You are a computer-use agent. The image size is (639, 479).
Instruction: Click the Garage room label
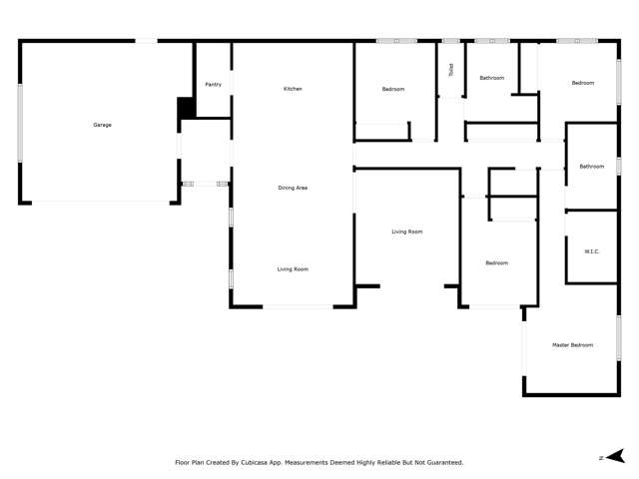click(102, 125)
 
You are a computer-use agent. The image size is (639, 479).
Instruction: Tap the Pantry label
click(213, 85)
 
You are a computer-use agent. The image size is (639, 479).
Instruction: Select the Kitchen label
click(293, 89)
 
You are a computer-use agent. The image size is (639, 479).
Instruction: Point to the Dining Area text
click(293, 188)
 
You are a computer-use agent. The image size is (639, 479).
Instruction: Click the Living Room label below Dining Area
click(293, 269)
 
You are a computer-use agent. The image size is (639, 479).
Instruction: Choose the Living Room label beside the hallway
click(406, 232)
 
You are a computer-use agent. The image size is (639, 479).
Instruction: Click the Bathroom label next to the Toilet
click(491, 78)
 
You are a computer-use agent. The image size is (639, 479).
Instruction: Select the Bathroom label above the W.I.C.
click(591, 167)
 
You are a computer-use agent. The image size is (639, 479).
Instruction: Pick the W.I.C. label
click(591, 250)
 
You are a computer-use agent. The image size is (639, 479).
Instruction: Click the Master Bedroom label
click(572, 345)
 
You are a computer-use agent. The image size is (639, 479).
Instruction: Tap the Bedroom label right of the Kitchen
click(393, 90)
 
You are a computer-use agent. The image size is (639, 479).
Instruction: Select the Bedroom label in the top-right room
click(582, 83)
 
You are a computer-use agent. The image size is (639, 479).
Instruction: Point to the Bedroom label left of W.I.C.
click(496, 263)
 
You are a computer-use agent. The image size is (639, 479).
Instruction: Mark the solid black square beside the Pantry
click(185, 108)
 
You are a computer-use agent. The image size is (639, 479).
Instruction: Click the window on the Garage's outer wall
click(20, 123)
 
